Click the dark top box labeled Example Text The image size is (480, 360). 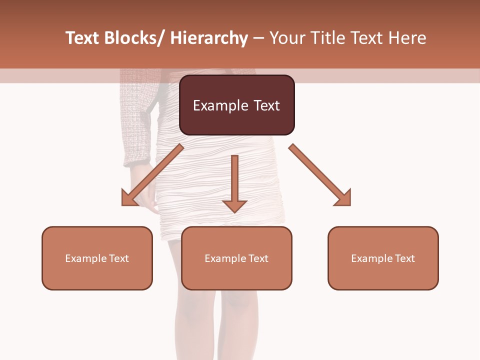(x=236, y=105)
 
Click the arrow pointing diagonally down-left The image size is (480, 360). (x=152, y=175)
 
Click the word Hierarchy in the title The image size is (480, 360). (x=208, y=38)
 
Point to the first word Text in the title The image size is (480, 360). (x=82, y=38)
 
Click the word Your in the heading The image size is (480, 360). (x=288, y=38)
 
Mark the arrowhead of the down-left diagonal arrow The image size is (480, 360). (x=128, y=199)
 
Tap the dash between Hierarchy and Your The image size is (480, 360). (x=258, y=38)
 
